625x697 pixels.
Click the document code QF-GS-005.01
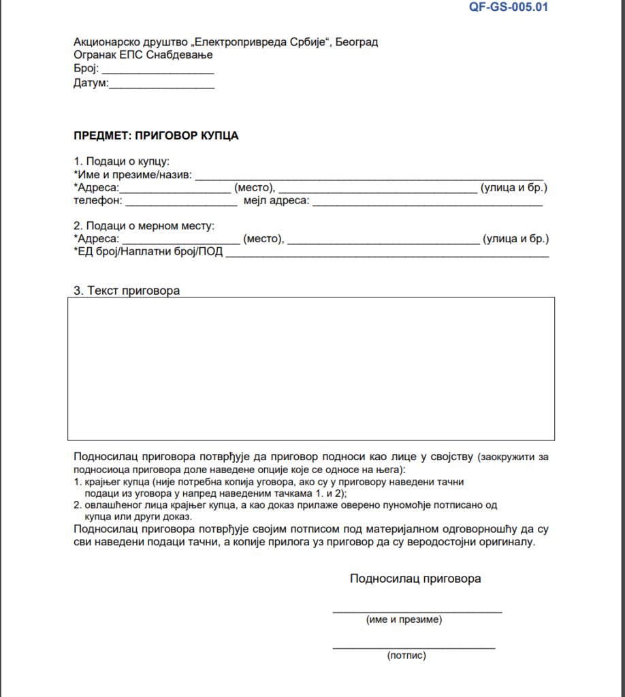[509, 7]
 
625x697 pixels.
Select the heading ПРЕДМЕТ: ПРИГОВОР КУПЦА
[156, 135]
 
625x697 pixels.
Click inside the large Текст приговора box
[310, 368]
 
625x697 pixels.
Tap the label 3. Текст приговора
[127, 291]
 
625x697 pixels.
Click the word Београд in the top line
[357, 42]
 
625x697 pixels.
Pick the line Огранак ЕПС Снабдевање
[143, 54]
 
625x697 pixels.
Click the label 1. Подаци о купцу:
[121, 161]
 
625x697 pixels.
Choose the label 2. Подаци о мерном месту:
[144, 225]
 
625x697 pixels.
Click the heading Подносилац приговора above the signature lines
[415, 579]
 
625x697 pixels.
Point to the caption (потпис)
[406, 656]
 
